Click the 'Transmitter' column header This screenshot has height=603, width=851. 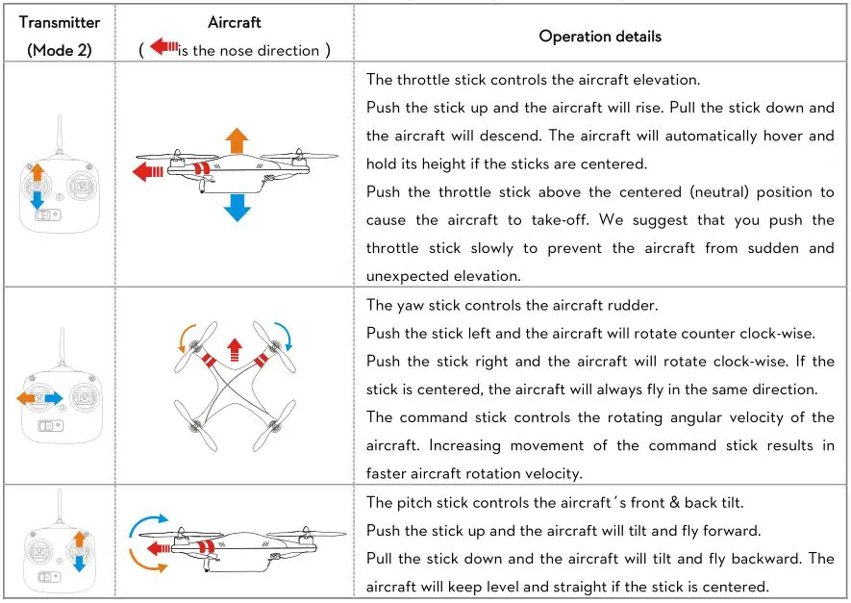pyautogui.click(x=60, y=23)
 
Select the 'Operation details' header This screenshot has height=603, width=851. pyautogui.click(x=599, y=37)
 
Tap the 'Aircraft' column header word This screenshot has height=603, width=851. pyautogui.click(x=234, y=22)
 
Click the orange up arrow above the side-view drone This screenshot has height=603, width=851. pyautogui.click(x=236, y=138)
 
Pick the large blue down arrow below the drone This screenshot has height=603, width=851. pyautogui.click(x=236, y=203)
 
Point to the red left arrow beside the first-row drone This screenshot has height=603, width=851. pyautogui.click(x=149, y=172)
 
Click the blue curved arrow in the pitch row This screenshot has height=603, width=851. pyautogui.click(x=148, y=525)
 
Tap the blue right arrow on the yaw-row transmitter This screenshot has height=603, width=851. pyautogui.click(x=53, y=397)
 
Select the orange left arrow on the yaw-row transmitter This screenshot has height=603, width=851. pyautogui.click(x=28, y=397)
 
